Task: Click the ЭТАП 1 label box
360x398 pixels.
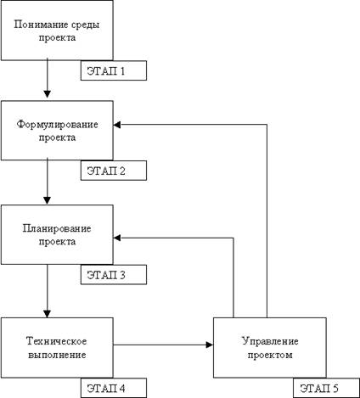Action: (x=114, y=70)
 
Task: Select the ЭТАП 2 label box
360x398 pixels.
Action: (x=114, y=171)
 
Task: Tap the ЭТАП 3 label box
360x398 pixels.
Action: (x=114, y=274)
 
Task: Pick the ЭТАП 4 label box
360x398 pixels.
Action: (x=114, y=388)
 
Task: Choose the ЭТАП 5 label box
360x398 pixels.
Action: (x=326, y=388)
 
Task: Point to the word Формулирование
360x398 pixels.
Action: (x=57, y=125)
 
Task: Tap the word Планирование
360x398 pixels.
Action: (x=57, y=228)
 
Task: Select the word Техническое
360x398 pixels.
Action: (x=57, y=341)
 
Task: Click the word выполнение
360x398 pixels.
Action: (x=57, y=355)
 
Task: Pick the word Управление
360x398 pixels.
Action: (x=270, y=341)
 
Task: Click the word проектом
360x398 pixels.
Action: (x=270, y=355)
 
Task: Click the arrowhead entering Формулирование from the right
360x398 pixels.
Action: (x=117, y=125)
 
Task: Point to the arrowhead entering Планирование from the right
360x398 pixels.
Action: (x=117, y=238)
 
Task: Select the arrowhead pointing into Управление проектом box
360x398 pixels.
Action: (x=210, y=345)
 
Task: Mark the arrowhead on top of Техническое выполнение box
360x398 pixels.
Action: (x=48, y=314)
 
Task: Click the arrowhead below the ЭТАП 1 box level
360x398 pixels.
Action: (x=48, y=94)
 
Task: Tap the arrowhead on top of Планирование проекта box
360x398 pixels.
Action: (x=48, y=200)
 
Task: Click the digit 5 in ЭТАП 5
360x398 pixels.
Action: (x=335, y=388)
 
